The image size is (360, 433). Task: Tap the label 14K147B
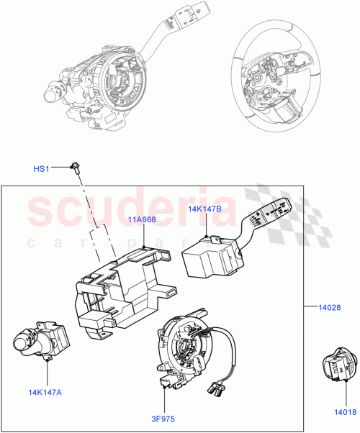click(204, 210)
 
